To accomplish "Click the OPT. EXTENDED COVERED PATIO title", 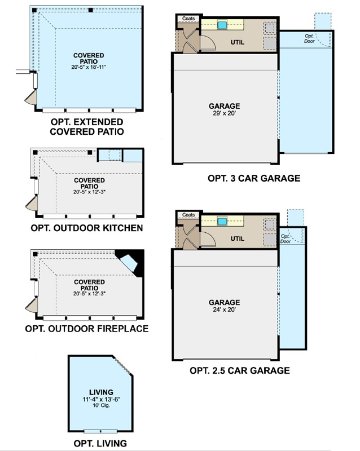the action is tap(87, 126).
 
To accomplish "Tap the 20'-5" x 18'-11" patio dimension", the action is tap(89, 67).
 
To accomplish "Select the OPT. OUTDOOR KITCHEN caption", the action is tap(87, 228).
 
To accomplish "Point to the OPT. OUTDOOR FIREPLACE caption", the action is tap(87, 329).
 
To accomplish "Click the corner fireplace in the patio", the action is tap(131, 262).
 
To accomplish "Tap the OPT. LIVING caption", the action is tap(100, 443).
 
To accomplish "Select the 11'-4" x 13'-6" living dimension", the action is tap(102, 399).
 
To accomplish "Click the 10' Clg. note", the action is tap(102, 405).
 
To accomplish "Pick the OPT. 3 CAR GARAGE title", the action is tap(254, 178).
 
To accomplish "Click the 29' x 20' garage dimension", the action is tap(225, 113).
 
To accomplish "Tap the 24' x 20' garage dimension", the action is tap(225, 309).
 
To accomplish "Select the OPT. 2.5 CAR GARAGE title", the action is tap(240, 370).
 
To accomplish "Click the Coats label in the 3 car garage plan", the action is tap(188, 19).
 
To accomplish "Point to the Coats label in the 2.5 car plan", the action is tap(188, 215).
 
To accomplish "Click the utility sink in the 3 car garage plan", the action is tap(222, 25).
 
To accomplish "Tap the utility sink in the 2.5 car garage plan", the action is tap(222, 222).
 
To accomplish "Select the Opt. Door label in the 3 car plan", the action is tap(309, 38).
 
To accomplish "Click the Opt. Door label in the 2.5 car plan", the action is tap(286, 238).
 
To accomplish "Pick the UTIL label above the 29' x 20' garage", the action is tap(238, 42).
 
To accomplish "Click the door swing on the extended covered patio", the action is tap(31, 98).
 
